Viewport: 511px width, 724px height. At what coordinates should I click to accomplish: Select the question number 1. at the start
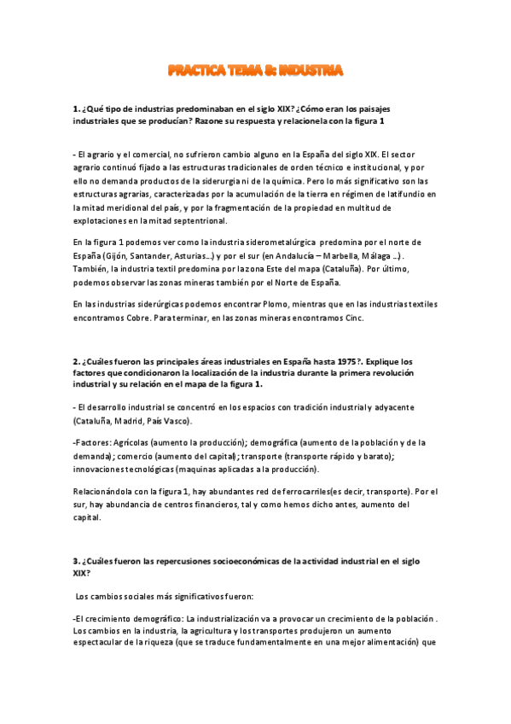pos(77,109)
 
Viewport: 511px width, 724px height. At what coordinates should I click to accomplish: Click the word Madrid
pos(131,421)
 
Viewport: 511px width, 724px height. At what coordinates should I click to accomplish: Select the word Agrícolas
pos(126,442)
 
